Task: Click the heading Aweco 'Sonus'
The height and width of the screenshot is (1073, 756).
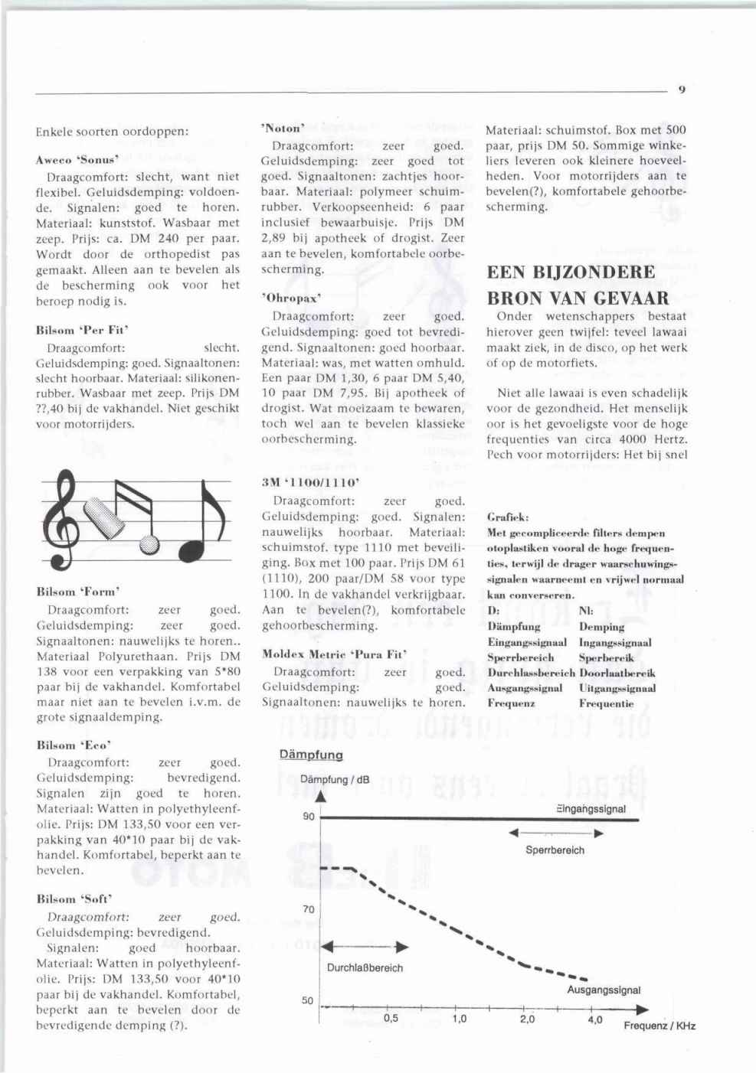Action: coord(76,161)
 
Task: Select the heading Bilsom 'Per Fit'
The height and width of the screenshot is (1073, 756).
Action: coord(82,331)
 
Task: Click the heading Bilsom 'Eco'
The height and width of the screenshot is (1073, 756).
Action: coord(74,745)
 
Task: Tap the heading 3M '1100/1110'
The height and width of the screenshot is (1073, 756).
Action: coord(310,484)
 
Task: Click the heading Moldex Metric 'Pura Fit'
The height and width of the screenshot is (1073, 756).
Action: coord(334,654)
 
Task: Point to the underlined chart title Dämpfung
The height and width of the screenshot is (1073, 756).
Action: coord(311,755)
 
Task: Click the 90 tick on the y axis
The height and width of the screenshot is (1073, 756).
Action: coord(308,817)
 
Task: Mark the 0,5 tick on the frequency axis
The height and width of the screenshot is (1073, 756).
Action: coord(391,1019)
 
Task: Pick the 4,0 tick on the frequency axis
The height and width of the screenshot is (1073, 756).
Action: coord(594,1019)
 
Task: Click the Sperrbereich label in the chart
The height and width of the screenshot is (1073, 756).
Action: coord(555,850)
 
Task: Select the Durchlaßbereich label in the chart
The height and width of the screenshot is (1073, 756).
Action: coord(365,967)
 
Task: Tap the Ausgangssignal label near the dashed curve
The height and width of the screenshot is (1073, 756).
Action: coord(604,990)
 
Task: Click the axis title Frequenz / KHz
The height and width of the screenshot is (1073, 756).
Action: coord(659,1026)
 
